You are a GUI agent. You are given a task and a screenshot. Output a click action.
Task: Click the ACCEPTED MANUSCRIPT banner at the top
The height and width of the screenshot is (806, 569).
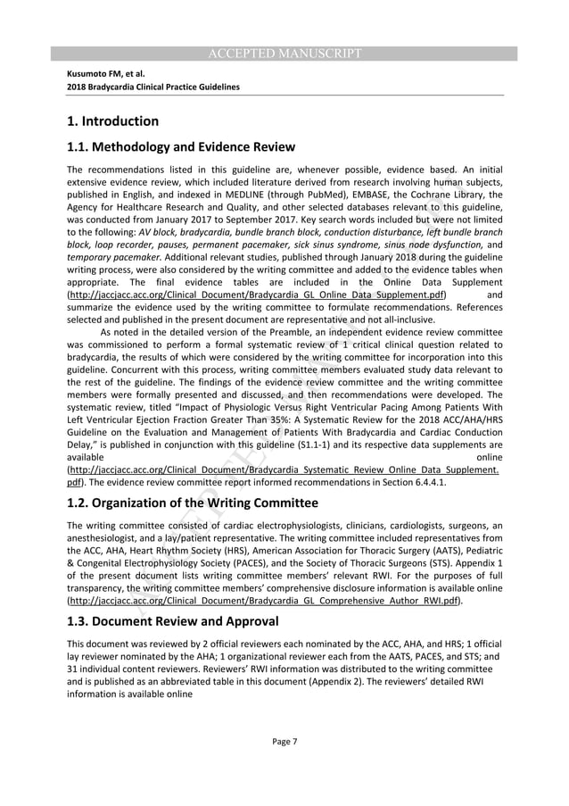(x=284, y=54)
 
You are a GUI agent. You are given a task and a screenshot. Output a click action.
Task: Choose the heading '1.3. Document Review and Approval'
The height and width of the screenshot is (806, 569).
(x=173, y=621)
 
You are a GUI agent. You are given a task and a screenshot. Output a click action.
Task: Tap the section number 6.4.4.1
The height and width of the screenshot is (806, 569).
(x=425, y=482)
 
